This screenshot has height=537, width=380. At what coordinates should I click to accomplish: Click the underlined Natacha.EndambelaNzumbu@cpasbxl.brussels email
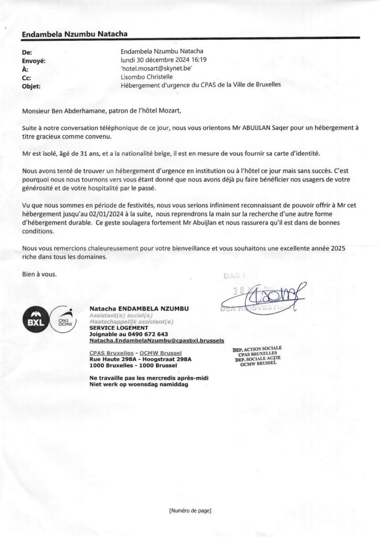[x=149, y=340]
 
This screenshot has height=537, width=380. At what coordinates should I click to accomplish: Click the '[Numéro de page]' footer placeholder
[x=190, y=510]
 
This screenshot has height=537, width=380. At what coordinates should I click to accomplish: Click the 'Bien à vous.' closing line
[x=39, y=274]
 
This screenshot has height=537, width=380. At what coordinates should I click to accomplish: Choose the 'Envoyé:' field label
[x=34, y=60]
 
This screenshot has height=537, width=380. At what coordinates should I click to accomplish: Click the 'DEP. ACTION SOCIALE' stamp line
[x=257, y=348]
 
